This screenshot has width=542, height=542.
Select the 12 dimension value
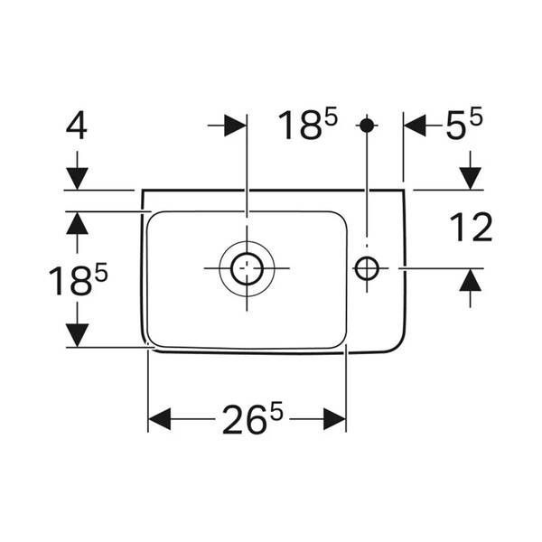point(471,227)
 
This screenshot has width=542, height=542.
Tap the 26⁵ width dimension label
point(252,417)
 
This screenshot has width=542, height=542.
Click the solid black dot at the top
point(367,126)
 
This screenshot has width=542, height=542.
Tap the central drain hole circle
point(247,268)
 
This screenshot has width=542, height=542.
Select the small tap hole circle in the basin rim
point(367,268)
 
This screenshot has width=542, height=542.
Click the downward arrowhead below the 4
point(77,178)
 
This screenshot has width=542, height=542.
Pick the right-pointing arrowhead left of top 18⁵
point(235,126)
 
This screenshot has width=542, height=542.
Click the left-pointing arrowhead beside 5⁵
point(415,126)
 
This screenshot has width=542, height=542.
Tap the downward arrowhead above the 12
point(470,178)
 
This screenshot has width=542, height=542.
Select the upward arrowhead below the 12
point(470,280)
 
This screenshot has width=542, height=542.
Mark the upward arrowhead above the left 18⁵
point(77,223)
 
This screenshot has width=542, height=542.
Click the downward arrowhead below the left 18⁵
point(77,335)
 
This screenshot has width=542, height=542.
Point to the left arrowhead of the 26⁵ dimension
point(159,419)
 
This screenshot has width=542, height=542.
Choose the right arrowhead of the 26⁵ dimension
point(334,419)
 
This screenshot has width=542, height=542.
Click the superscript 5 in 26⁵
point(276,411)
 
